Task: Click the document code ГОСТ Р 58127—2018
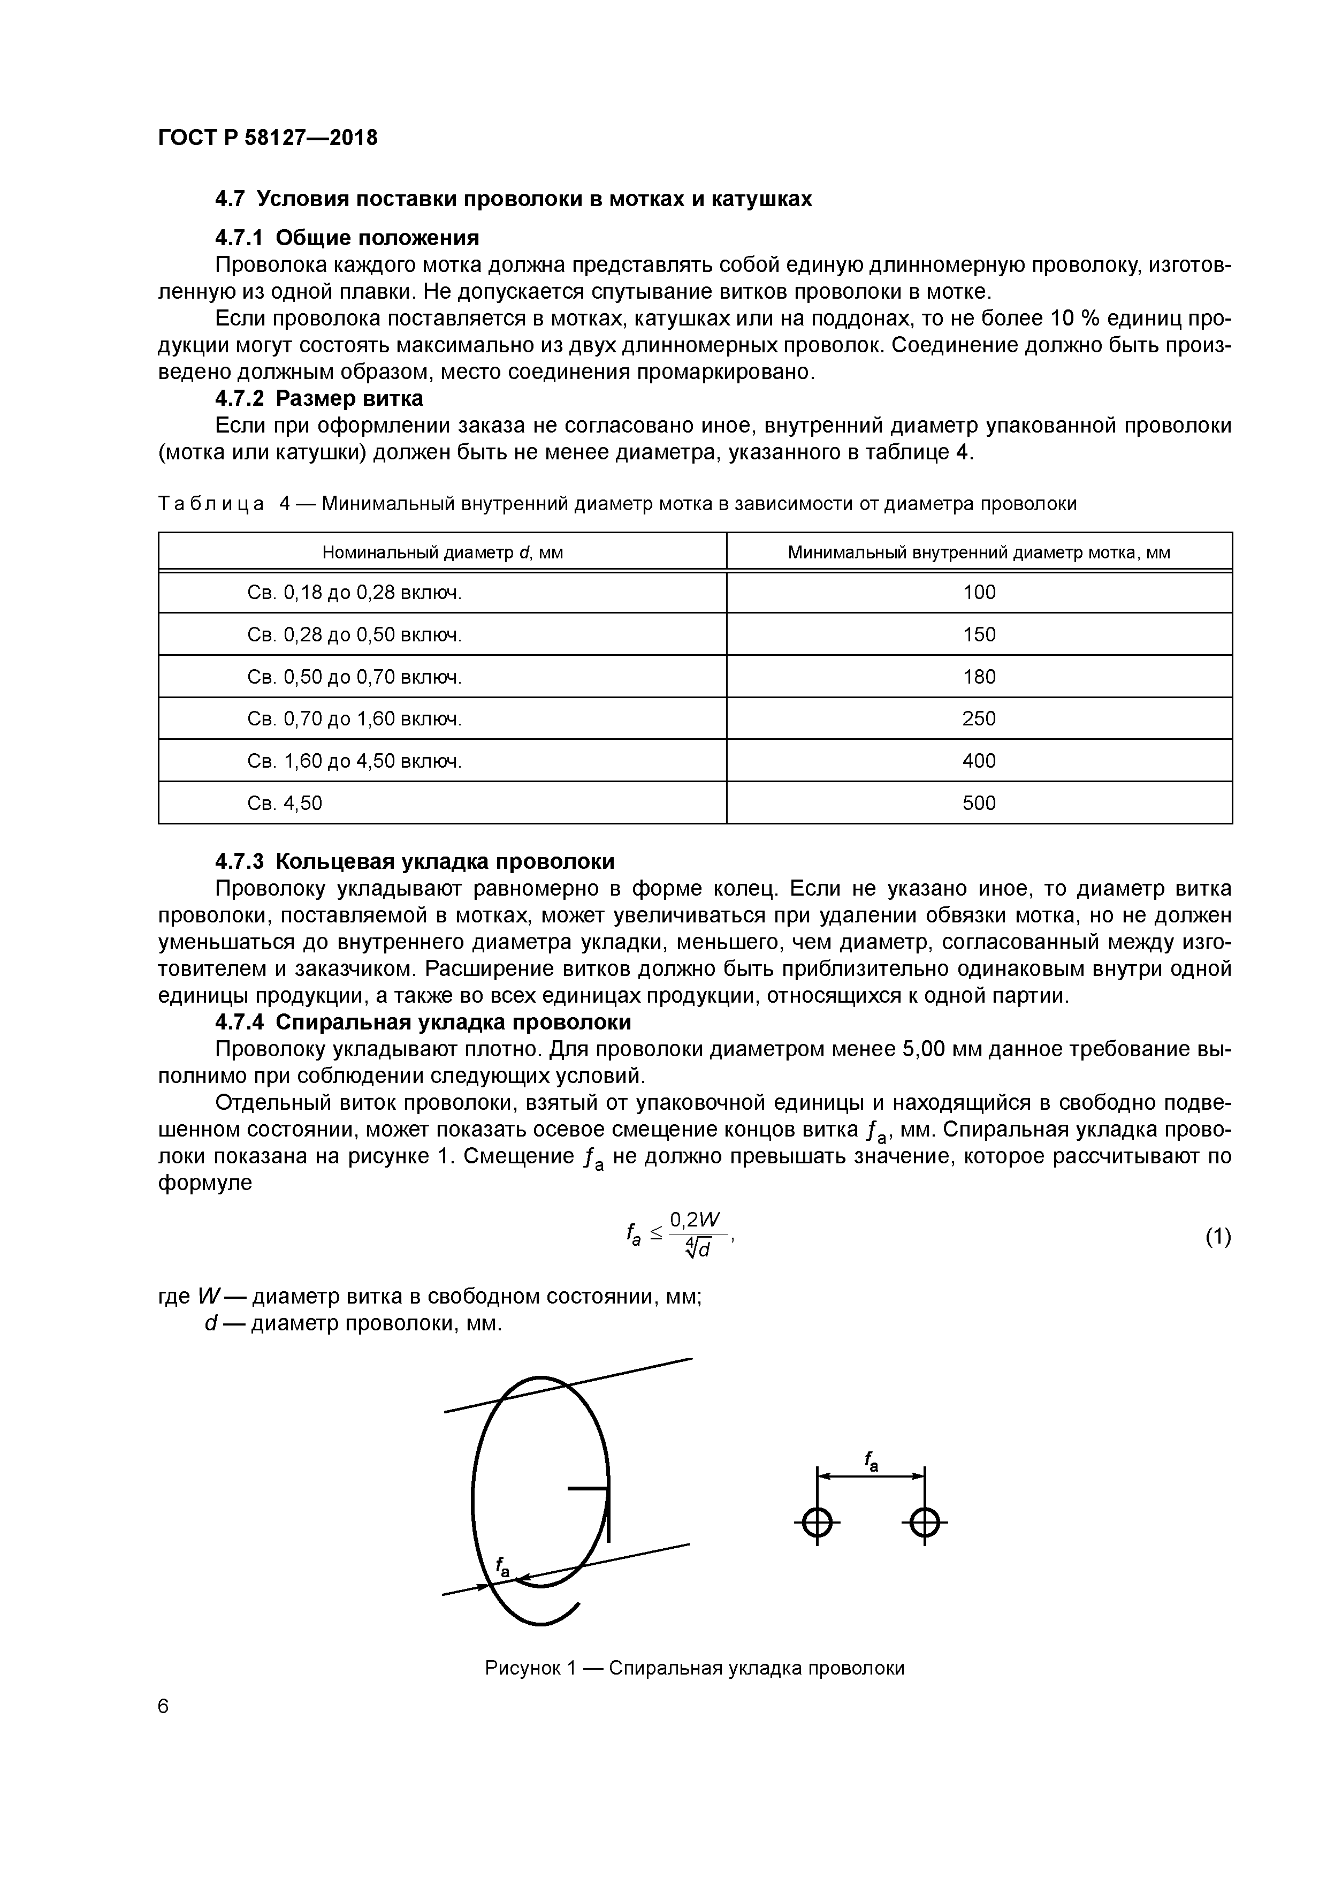pyautogui.click(x=268, y=138)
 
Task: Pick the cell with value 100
pyautogui.click(x=979, y=592)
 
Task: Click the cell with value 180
pyautogui.click(x=979, y=677)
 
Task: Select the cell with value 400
pyautogui.click(x=979, y=761)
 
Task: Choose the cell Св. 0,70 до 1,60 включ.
pyautogui.click(x=354, y=719)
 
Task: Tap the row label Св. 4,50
pyautogui.click(x=285, y=803)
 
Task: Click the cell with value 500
pyautogui.click(x=979, y=803)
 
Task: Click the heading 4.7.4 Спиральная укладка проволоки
pyautogui.click(x=423, y=1023)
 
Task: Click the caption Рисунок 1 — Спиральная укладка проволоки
pyautogui.click(x=694, y=1668)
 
